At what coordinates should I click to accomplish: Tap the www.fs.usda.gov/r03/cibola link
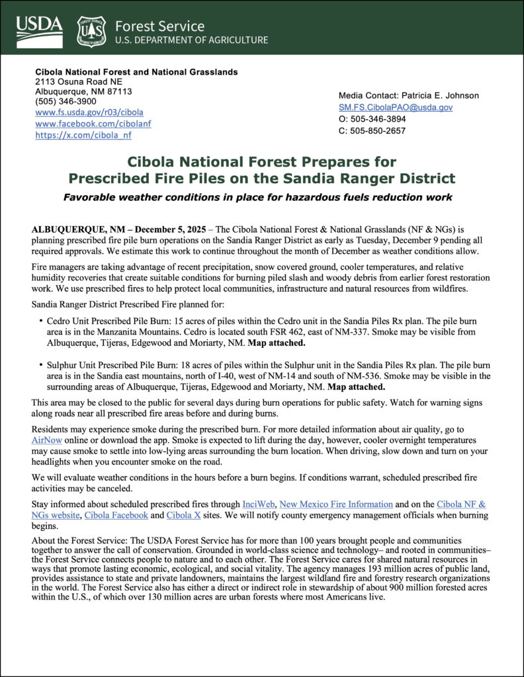click(x=89, y=112)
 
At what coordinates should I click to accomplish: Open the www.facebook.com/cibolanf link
click(x=93, y=124)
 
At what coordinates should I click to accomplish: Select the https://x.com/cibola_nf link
click(x=83, y=135)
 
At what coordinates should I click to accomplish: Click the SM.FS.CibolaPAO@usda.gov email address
click(x=396, y=107)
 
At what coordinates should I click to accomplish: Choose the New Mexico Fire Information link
click(x=336, y=504)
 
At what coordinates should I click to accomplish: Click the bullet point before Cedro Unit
click(x=40, y=319)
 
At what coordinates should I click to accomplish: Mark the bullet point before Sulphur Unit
click(x=40, y=365)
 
